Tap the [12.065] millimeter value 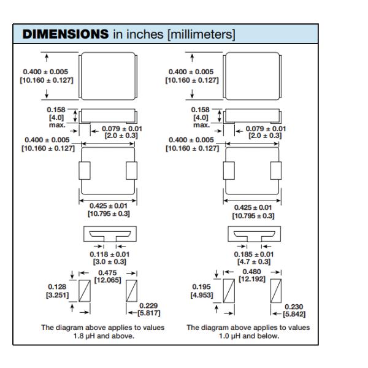107,280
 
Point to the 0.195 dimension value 203,286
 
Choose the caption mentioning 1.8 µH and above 103,332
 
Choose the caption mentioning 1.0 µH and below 248,332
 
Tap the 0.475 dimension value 107,273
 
